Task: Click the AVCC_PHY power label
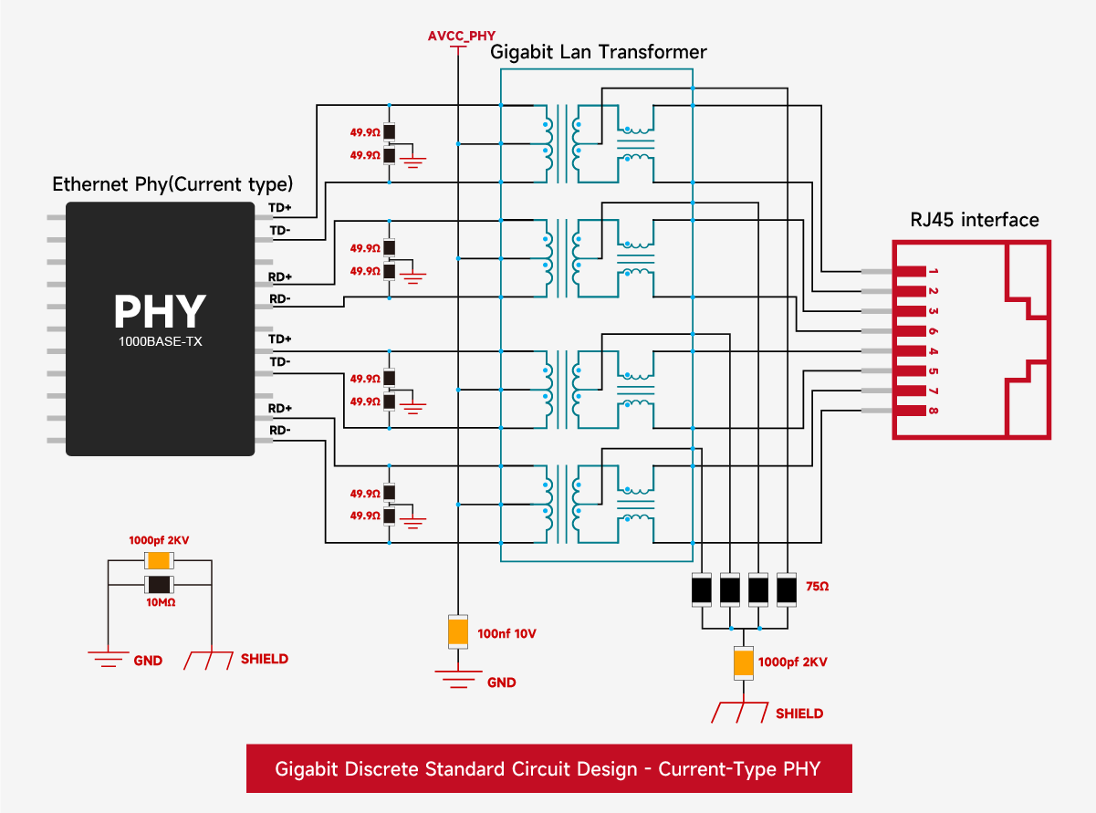click(462, 36)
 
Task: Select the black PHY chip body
click(160, 328)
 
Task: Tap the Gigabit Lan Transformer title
click(599, 52)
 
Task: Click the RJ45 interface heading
click(975, 220)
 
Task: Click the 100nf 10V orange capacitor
click(458, 631)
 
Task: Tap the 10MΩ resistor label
click(161, 602)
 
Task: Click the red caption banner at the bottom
click(548, 768)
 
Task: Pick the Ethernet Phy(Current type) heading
click(172, 184)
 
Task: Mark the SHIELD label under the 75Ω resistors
click(799, 714)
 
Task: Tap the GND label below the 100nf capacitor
click(501, 683)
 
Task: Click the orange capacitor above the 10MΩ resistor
click(160, 561)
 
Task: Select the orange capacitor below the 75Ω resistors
click(745, 662)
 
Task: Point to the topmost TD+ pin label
click(279, 208)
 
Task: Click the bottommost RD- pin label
click(279, 431)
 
